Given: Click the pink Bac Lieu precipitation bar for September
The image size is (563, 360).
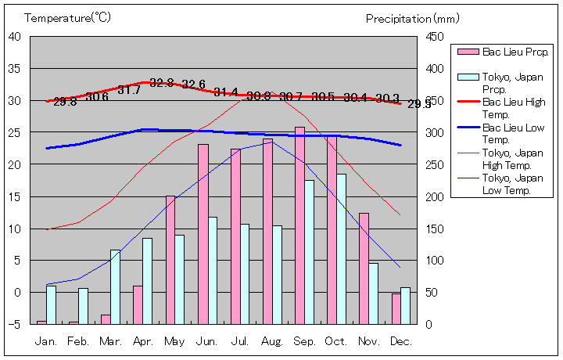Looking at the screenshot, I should point(299,225).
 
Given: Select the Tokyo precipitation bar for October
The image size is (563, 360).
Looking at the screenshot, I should point(341,249).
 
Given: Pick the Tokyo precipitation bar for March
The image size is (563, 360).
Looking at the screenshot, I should point(116,286).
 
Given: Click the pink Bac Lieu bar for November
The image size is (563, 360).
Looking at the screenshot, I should point(364,268).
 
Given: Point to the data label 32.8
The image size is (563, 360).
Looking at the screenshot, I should point(162,83).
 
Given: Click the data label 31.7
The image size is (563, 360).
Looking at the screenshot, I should point(129,90).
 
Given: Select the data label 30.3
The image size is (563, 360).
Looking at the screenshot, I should point(387,99).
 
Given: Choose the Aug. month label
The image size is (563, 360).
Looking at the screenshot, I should point(273,341).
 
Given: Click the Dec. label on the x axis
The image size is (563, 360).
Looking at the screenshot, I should point(401,341).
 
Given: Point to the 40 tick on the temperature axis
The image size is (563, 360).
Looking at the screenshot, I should point(15,36).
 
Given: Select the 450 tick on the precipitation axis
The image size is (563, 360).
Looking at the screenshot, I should point(436,36).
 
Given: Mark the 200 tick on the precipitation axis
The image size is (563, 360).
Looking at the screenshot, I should point(436,196).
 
